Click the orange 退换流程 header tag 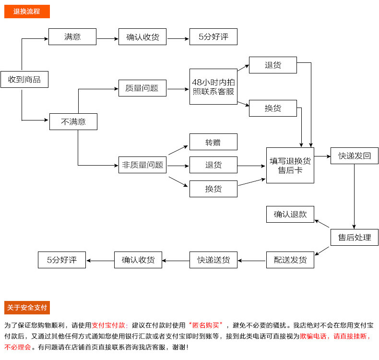[27, 12]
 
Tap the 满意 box [72, 37]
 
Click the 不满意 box [73, 121]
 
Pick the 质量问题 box [142, 88]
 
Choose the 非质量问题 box [142, 165]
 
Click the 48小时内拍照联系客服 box [213, 86]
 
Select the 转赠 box [213, 142]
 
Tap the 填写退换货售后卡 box [290, 165]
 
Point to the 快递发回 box [355, 156]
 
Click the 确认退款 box [290, 214]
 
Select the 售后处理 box [355, 237]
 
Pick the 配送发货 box [290, 260]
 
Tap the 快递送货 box [213, 260]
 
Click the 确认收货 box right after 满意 [142, 37]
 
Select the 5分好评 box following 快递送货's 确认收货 [62, 260]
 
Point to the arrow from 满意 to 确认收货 [107, 37]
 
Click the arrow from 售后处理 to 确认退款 [322, 224]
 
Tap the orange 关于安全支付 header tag [27, 308]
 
